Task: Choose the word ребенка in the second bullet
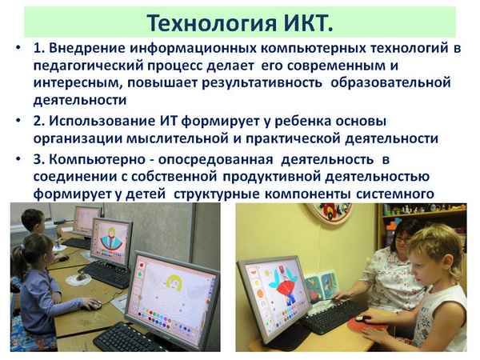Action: [x=298, y=120]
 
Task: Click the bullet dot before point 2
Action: [x=18, y=120]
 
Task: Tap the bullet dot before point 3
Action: [x=18, y=158]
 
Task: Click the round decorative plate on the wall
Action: [x=331, y=209]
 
